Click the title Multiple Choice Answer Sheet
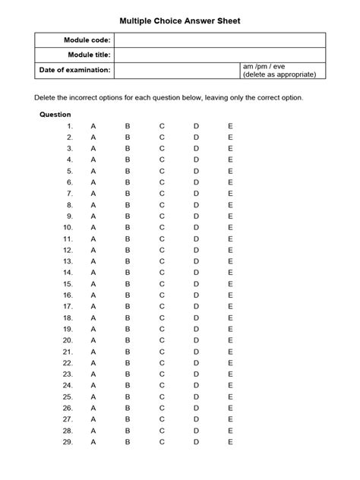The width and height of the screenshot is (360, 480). [x=180, y=22]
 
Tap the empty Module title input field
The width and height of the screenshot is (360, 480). [x=219, y=55]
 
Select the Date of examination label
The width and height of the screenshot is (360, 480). [x=75, y=70]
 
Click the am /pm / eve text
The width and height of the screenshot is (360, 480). [x=262, y=67]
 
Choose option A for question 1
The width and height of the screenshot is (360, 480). [x=93, y=126]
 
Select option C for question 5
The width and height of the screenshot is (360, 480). [x=162, y=171]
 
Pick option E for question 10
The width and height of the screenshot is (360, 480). [x=230, y=227]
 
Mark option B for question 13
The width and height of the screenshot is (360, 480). [x=128, y=261]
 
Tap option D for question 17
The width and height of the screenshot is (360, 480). [x=196, y=306]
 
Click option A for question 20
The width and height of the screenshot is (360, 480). [x=93, y=340]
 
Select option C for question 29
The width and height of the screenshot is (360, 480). [x=162, y=441]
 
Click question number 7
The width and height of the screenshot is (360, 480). [x=69, y=194]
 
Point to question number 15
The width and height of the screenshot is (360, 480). [x=68, y=283]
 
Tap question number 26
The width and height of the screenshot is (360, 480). [x=68, y=408]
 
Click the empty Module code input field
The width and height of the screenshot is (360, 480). [x=219, y=39]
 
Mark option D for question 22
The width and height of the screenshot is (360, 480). [x=196, y=362]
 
